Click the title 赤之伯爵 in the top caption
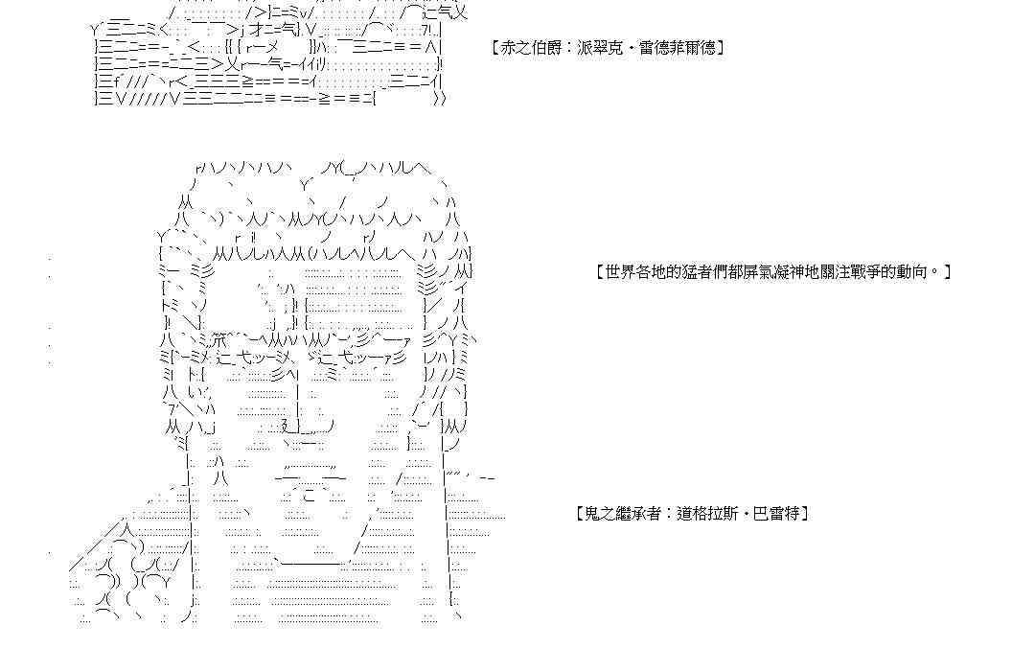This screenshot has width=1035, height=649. [534, 47]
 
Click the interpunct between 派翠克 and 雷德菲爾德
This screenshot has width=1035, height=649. [631, 47]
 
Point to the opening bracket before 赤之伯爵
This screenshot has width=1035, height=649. [494, 47]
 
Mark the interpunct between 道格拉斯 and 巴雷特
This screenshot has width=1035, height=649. [744, 514]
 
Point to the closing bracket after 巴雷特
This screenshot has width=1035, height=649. [806, 514]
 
